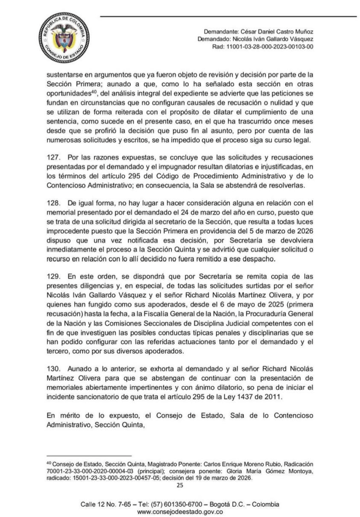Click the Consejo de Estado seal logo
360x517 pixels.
click(64, 38)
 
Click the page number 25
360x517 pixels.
click(179, 486)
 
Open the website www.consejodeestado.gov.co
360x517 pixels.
click(180, 511)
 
